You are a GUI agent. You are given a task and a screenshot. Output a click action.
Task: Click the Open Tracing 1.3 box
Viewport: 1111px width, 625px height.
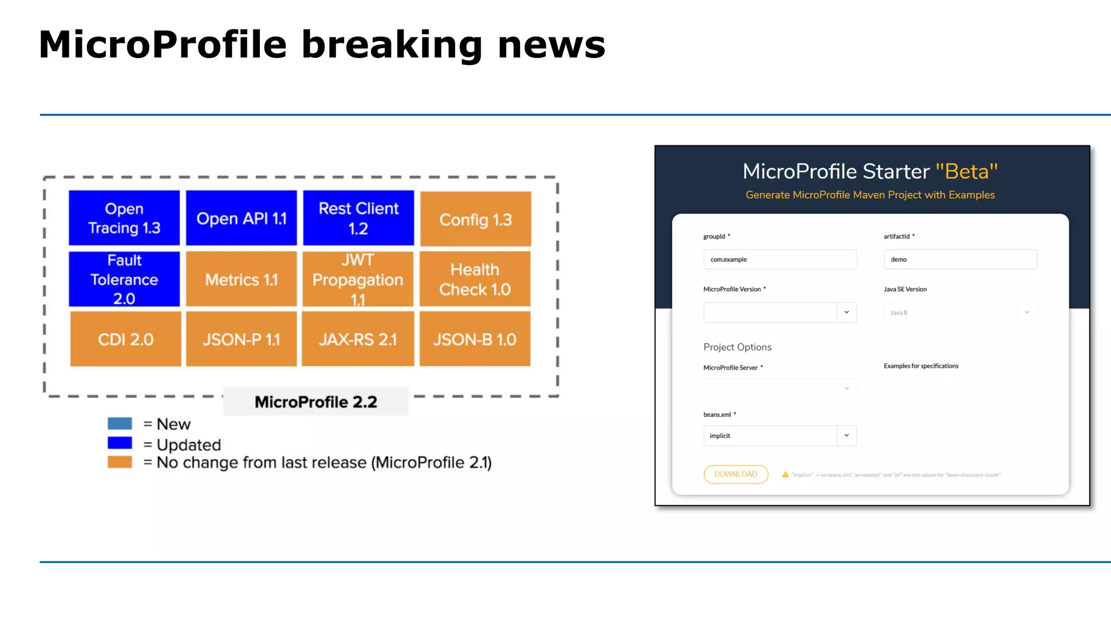pos(124,218)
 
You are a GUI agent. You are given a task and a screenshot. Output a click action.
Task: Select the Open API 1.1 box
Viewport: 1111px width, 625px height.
pos(241,218)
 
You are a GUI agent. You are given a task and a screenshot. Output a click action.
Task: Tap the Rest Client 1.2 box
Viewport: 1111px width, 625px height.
pos(358,218)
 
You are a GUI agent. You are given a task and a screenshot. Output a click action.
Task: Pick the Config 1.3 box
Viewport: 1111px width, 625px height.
pos(475,219)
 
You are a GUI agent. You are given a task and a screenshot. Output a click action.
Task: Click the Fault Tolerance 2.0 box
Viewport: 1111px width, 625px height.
pos(124,279)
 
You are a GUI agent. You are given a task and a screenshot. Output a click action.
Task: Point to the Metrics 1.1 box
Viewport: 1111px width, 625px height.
pos(241,279)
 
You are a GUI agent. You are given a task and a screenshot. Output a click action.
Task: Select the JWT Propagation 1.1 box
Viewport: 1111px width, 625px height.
pos(358,279)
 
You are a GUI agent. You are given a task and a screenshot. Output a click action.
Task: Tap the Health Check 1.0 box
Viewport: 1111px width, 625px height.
pos(475,279)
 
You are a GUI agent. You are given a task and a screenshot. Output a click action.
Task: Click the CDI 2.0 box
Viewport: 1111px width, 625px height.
pos(125,339)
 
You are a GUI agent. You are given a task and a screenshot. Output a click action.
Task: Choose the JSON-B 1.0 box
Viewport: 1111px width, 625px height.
pos(475,339)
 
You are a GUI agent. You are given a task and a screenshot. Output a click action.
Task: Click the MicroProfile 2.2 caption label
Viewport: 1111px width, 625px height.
pos(316,402)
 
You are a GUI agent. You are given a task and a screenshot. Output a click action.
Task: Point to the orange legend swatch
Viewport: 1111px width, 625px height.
pos(120,462)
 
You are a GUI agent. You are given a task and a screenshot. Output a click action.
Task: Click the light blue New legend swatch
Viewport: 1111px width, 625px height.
pos(120,424)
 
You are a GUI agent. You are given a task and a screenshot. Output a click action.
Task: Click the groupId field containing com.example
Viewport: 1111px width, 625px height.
pos(780,259)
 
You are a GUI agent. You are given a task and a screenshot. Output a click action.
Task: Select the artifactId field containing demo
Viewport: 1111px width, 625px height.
pos(960,259)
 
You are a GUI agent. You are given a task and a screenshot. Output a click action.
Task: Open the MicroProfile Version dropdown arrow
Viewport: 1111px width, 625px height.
pos(846,312)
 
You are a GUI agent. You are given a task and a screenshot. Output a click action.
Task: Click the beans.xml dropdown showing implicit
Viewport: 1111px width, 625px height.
pos(780,436)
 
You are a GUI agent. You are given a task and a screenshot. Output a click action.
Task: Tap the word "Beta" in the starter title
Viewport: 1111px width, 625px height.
pos(967,171)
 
